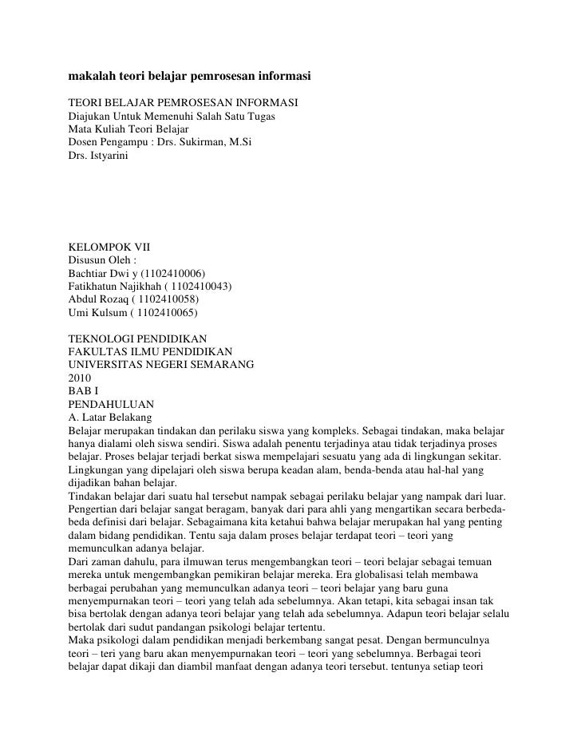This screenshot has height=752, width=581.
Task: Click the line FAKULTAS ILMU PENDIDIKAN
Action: click(151, 352)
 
